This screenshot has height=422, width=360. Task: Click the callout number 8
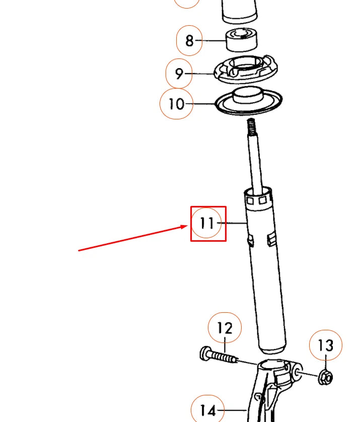189,40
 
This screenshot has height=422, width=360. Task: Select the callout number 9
179,74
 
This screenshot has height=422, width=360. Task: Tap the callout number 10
176,104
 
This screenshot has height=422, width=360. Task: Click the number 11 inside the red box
207,223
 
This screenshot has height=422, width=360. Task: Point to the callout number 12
225,328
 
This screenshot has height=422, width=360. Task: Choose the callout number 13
325,345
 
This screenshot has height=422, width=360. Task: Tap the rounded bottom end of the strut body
272,347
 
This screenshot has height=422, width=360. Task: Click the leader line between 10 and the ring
204,104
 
